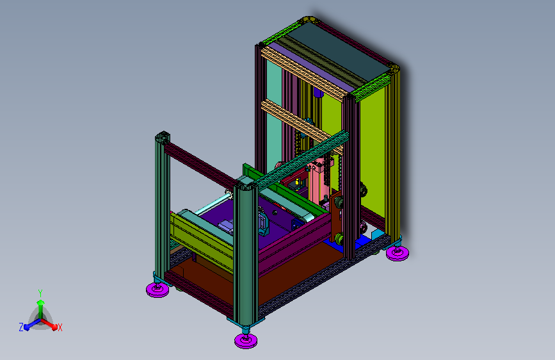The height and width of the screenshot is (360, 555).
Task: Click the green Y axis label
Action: tap(40, 293)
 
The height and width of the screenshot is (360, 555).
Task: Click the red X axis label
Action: tap(60, 327)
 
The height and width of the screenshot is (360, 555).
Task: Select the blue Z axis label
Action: tap(21, 327)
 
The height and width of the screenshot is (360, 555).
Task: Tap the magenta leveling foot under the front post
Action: tap(246, 341)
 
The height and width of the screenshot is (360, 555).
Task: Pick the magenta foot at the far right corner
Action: tap(397, 253)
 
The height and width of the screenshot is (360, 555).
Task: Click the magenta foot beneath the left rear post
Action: tap(157, 289)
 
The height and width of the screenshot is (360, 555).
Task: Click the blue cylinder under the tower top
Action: tap(318, 93)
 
